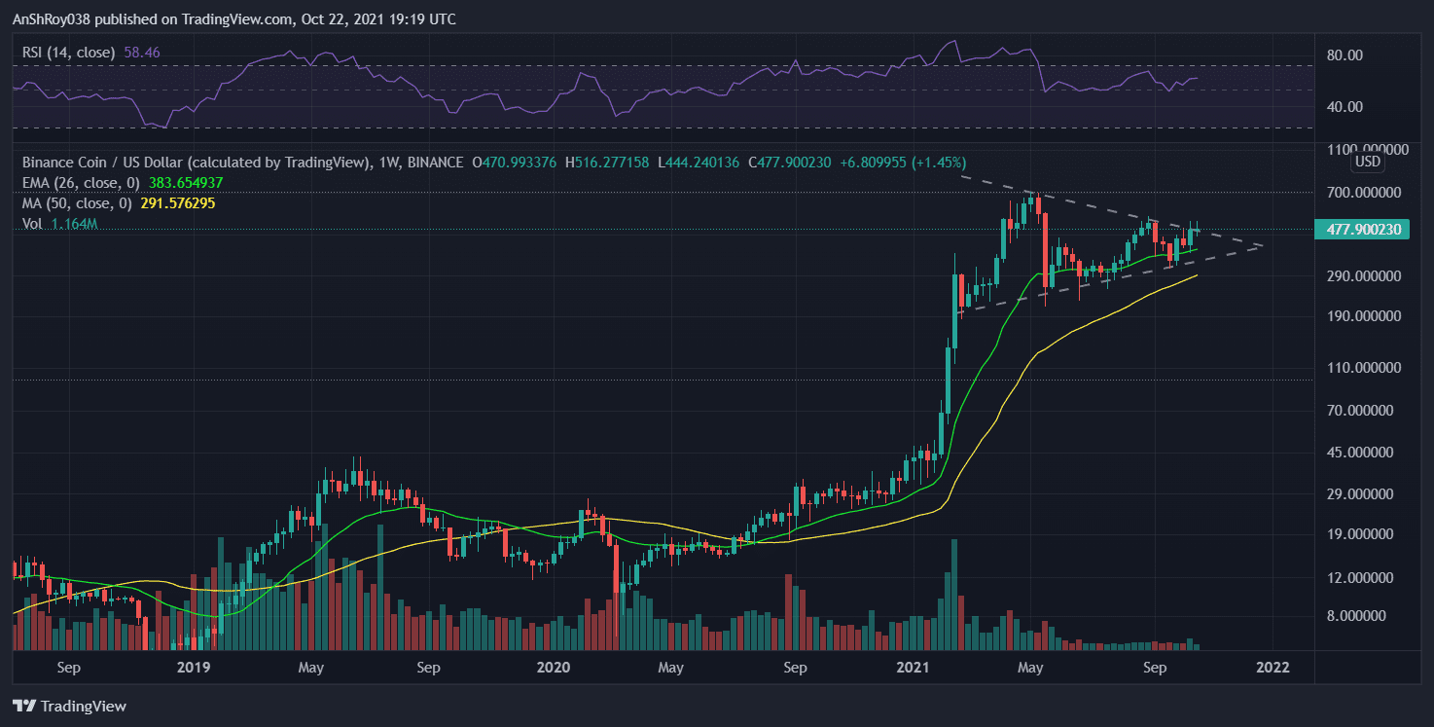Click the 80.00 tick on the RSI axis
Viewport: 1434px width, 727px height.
pyautogui.click(x=1343, y=55)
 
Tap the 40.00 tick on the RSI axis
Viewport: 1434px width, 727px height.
pyautogui.click(x=1343, y=107)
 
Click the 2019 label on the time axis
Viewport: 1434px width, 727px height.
pyautogui.click(x=194, y=668)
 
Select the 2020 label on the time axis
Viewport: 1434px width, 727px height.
pyautogui.click(x=553, y=668)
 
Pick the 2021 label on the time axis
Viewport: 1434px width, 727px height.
pyautogui.click(x=913, y=668)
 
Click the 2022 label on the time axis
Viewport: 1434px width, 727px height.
pyautogui.click(x=1273, y=668)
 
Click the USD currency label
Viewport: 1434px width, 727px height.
pyautogui.click(x=1368, y=162)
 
